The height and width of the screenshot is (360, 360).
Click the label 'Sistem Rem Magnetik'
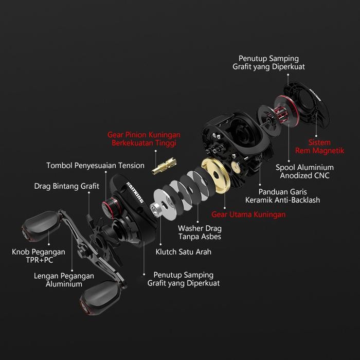click(x=319, y=147)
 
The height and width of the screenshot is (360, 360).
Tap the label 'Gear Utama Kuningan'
click(x=248, y=214)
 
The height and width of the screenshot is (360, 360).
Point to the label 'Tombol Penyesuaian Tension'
click(x=96, y=166)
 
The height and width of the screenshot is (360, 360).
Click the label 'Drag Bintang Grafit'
click(x=67, y=186)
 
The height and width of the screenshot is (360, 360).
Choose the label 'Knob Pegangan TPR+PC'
click(x=39, y=256)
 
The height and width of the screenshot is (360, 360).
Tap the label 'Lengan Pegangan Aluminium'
click(x=64, y=280)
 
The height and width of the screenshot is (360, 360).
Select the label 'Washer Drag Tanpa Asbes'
click(x=200, y=232)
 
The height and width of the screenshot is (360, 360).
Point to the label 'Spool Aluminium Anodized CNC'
click(x=304, y=171)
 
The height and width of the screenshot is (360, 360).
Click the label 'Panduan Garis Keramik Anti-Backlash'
click(x=282, y=195)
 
